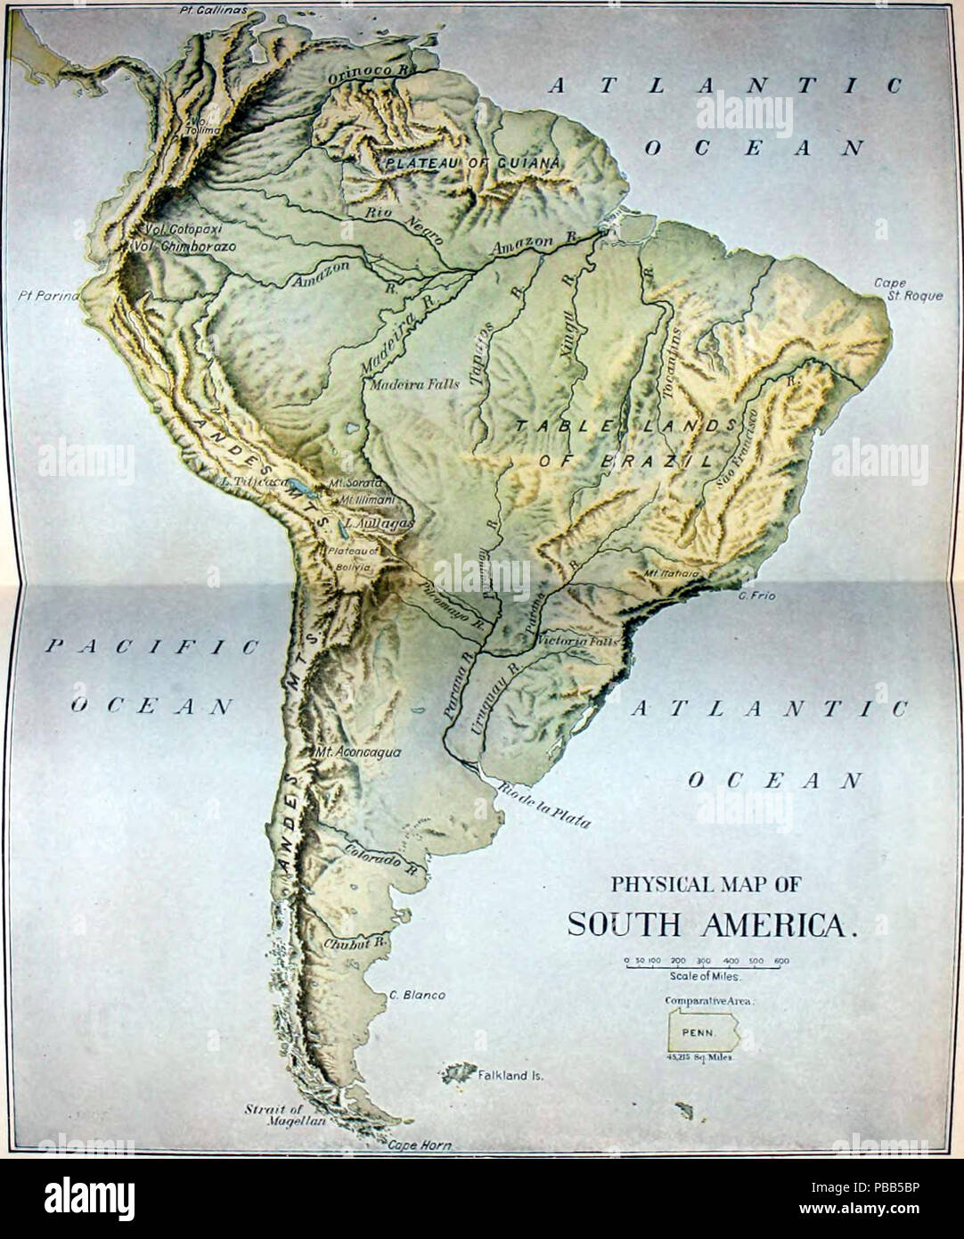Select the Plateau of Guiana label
472,163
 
